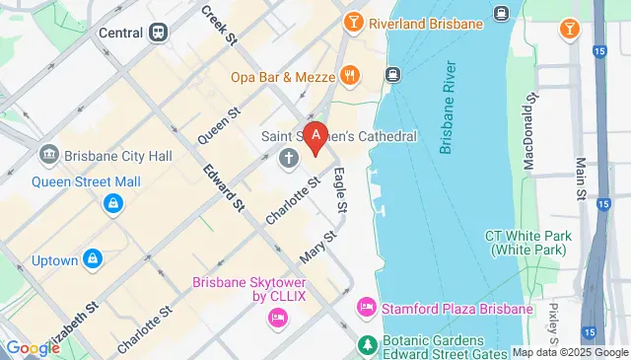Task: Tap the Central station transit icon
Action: (x=160, y=32)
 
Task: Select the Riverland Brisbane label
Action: (x=426, y=22)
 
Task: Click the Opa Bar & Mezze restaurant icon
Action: (x=349, y=75)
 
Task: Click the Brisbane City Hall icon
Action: (x=47, y=156)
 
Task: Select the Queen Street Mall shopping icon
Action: (x=114, y=204)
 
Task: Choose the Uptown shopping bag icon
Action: (x=93, y=259)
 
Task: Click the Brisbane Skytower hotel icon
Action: (x=277, y=318)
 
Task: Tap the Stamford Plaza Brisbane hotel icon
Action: (x=366, y=307)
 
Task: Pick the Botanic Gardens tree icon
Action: (x=366, y=344)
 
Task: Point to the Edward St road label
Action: (x=224, y=188)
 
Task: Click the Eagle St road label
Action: (x=339, y=190)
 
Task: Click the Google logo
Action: (x=33, y=348)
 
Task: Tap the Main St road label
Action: (x=580, y=176)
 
